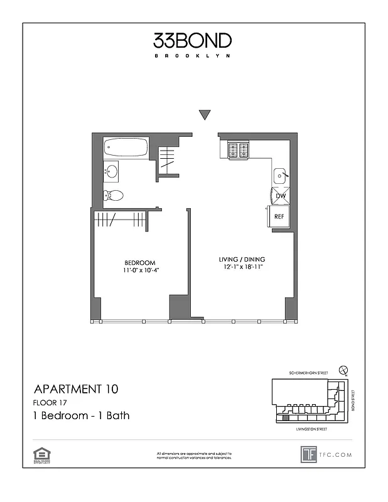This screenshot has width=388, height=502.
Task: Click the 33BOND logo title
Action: [192, 41]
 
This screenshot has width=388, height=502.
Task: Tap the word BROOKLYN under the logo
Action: [192, 56]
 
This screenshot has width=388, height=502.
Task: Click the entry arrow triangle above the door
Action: [204, 115]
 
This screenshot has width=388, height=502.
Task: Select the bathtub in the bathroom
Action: [126, 148]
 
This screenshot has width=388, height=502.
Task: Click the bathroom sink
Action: [112, 171]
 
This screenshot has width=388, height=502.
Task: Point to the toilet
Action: [113, 195]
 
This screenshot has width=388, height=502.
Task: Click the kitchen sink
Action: [281, 175]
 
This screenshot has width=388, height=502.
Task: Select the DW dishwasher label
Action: [281, 196]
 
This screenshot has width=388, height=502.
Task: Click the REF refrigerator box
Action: [279, 216]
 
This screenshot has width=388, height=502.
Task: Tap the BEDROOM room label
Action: [139, 262]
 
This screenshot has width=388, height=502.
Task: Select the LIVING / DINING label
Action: [242, 259]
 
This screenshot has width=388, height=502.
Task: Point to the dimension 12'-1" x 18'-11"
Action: [242, 267]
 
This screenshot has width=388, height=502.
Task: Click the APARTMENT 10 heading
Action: [75, 389]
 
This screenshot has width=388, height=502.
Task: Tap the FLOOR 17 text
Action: [50, 402]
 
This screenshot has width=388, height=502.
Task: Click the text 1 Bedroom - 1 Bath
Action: [81, 415]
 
